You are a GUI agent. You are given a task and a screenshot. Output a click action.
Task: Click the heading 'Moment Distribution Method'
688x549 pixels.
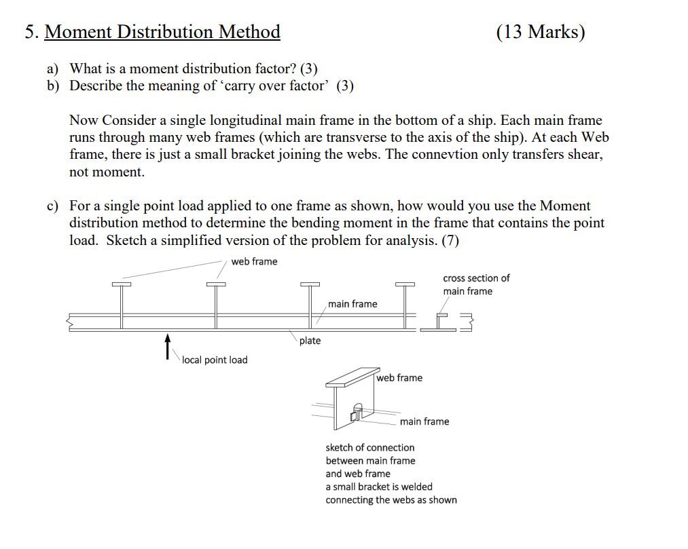pos(162,32)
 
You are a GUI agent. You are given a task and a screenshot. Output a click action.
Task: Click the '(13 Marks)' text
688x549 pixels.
pos(540,32)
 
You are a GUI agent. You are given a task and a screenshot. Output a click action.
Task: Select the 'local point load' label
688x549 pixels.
pos(215,360)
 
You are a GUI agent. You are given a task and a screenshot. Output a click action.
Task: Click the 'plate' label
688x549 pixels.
pos(310,341)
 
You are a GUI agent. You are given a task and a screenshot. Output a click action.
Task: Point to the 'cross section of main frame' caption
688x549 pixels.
pos(475,284)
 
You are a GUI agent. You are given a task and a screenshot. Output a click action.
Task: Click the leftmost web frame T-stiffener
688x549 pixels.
pos(121,305)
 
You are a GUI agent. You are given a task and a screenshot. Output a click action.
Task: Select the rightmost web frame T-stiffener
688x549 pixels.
pos(405,305)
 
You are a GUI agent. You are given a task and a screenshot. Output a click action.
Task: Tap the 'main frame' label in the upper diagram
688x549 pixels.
pos(352,304)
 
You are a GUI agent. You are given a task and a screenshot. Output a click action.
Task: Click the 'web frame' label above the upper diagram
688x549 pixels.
pos(254,262)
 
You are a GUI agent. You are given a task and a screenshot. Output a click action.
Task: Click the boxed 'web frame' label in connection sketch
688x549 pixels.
pos(400,378)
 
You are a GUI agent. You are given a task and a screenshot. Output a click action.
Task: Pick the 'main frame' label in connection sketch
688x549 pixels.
pos(424,421)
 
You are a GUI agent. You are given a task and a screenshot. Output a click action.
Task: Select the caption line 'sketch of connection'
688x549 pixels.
pos(369,447)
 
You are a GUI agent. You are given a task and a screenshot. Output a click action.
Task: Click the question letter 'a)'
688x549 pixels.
pos(52,69)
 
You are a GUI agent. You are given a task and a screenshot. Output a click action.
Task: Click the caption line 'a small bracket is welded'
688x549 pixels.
pos(378,487)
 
